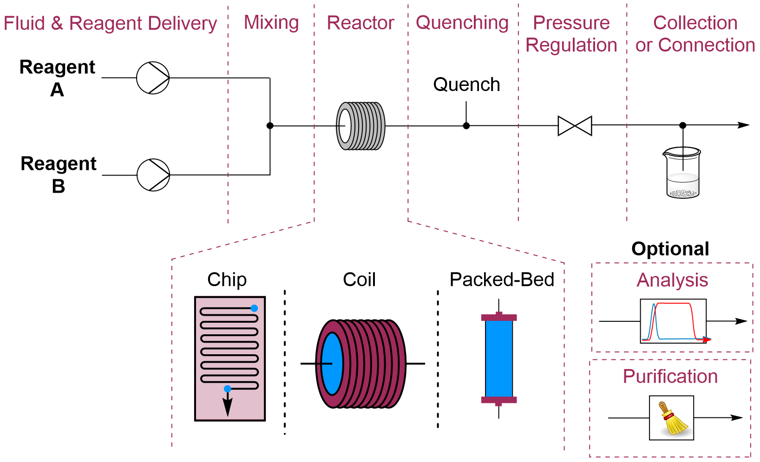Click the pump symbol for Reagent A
click(153, 78)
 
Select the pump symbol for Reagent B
click(153, 175)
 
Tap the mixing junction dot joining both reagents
click(270, 125)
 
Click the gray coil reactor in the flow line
click(360, 126)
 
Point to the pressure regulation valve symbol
click(575, 126)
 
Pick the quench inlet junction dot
click(466, 126)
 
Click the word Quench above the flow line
click(466, 85)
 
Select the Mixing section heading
click(271, 22)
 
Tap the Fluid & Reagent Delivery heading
click(110, 23)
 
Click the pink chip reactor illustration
click(230, 358)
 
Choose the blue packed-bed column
click(499, 359)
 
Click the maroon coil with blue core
click(360, 364)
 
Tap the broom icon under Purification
click(672, 418)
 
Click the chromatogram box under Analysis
click(673, 321)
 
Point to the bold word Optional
click(670, 249)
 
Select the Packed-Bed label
click(502, 280)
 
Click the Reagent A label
click(57, 78)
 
